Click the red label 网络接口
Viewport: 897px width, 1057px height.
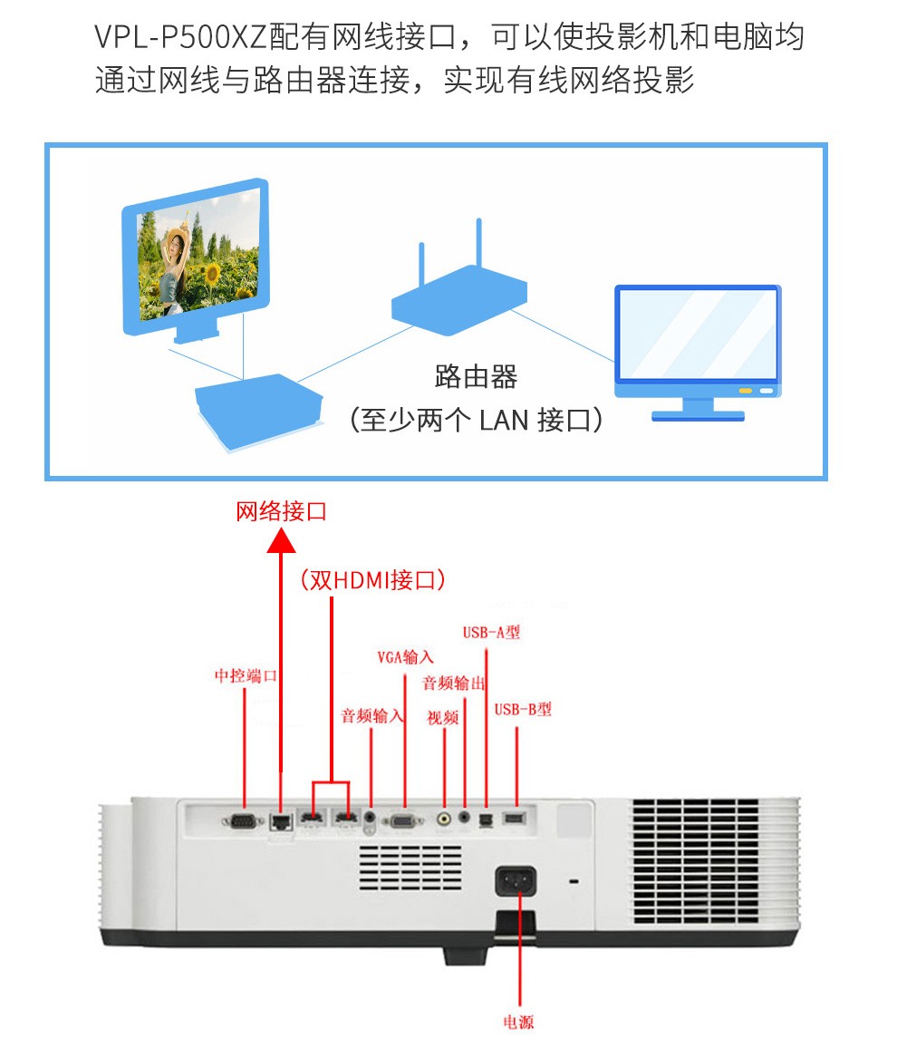tap(281, 511)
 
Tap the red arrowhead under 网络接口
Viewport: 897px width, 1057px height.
tap(281, 540)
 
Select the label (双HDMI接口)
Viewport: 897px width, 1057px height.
tap(372, 580)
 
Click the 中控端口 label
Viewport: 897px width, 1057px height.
tap(246, 675)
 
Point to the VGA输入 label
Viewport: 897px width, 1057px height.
tap(405, 657)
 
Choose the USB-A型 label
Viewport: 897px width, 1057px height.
tap(491, 633)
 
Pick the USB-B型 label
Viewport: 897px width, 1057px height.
tap(523, 709)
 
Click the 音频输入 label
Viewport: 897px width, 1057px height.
tap(372, 716)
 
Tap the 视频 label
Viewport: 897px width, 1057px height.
tap(443, 718)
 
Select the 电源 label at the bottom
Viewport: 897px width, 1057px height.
tap(518, 1023)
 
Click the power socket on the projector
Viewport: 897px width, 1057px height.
tap(516, 881)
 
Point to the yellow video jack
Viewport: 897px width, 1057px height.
tap(443, 819)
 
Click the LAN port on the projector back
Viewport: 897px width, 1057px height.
tap(280, 820)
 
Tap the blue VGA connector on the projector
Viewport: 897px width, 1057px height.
tap(403, 821)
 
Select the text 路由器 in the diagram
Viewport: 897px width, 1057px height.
tap(476, 376)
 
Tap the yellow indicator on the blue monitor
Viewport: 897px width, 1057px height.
tap(746, 391)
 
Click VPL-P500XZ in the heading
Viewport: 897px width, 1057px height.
tap(180, 36)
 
